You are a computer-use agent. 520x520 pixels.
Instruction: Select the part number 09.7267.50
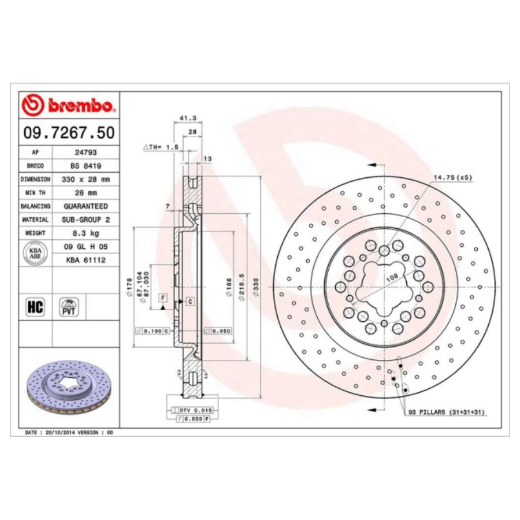point(69,133)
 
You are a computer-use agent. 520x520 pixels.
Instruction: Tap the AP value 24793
point(86,153)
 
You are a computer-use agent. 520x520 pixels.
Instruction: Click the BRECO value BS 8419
point(86,166)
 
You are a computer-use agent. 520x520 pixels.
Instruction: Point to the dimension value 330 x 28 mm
point(86,179)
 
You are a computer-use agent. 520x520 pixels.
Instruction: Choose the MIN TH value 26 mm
point(86,192)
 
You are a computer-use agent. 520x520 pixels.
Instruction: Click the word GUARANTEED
point(86,206)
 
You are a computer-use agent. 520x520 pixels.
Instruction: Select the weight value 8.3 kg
point(86,233)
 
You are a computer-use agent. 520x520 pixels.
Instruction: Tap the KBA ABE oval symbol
point(35,253)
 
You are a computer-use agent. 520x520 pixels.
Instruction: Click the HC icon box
point(35,306)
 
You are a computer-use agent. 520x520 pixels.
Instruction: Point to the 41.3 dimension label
point(188,118)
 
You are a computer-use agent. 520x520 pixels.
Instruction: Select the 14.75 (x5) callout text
point(452,178)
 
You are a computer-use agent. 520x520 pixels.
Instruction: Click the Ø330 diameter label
point(257,287)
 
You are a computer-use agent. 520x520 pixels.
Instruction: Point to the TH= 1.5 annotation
point(161,147)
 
